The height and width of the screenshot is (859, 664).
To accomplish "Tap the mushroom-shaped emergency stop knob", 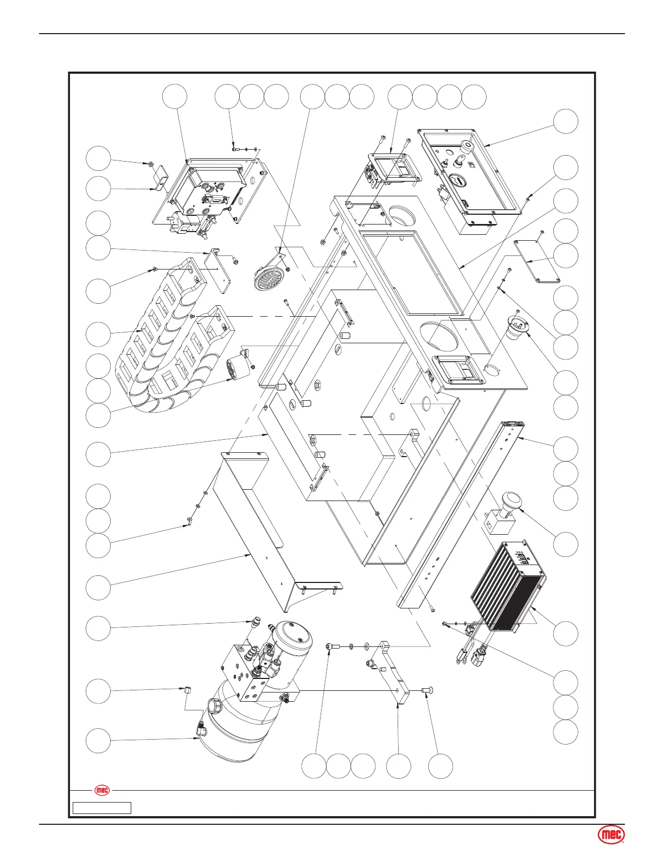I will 511,502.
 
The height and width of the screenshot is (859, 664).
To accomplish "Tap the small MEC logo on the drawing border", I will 102,791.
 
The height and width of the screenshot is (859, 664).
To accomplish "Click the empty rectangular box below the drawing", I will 102,808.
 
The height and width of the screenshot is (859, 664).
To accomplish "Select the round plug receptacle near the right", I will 518,325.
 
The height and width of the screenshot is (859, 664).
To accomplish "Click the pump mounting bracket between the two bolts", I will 394,672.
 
